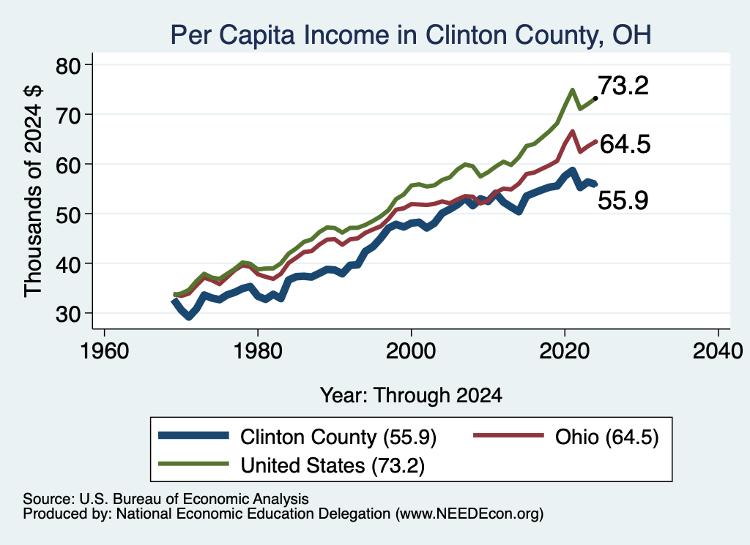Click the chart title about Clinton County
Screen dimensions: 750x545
[411, 35]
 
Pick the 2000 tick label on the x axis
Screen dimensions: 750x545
[411, 351]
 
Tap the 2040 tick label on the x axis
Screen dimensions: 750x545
[718, 351]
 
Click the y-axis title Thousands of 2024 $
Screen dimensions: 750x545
[33, 191]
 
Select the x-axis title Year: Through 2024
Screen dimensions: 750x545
[411, 396]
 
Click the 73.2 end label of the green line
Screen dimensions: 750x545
[623, 86]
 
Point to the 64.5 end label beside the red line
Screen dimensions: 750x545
[625, 144]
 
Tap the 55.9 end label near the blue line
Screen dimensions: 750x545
[623, 200]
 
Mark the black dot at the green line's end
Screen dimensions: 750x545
[595, 98]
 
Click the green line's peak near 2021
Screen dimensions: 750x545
[572, 90]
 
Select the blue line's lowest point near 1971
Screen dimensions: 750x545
[189, 317]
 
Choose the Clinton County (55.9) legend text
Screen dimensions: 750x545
[338, 437]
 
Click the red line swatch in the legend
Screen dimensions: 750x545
[508, 435]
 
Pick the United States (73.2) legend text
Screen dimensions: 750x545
[333, 465]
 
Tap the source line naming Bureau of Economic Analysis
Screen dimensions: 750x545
[166, 499]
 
